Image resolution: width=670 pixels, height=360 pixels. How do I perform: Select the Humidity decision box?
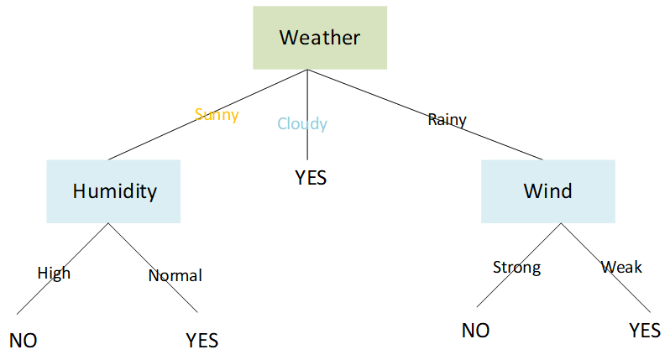coord(113,191)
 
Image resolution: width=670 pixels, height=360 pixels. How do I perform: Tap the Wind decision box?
coord(547,191)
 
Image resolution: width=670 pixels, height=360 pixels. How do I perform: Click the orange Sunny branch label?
coord(217,115)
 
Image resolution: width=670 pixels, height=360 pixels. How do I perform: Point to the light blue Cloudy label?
coord(302,124)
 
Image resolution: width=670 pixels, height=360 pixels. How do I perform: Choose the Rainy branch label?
coord(447,120)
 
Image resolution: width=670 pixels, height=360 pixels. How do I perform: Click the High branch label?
coord(54,274)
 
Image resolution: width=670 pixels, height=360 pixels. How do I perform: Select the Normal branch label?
coord(175,275)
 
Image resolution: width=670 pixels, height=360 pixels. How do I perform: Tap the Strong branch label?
coord(516,268)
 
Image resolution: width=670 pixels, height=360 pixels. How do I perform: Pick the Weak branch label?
coord(621,267)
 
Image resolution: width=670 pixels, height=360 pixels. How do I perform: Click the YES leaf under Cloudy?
coord(310,178)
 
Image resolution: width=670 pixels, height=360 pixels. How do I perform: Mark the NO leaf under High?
coord(24,341)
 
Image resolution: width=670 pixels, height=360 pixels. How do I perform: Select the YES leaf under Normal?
coord(202,341)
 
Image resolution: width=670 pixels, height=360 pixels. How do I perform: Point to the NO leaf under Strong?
coord(475,331)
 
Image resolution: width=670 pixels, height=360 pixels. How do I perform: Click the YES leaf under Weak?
coord(645,331)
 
